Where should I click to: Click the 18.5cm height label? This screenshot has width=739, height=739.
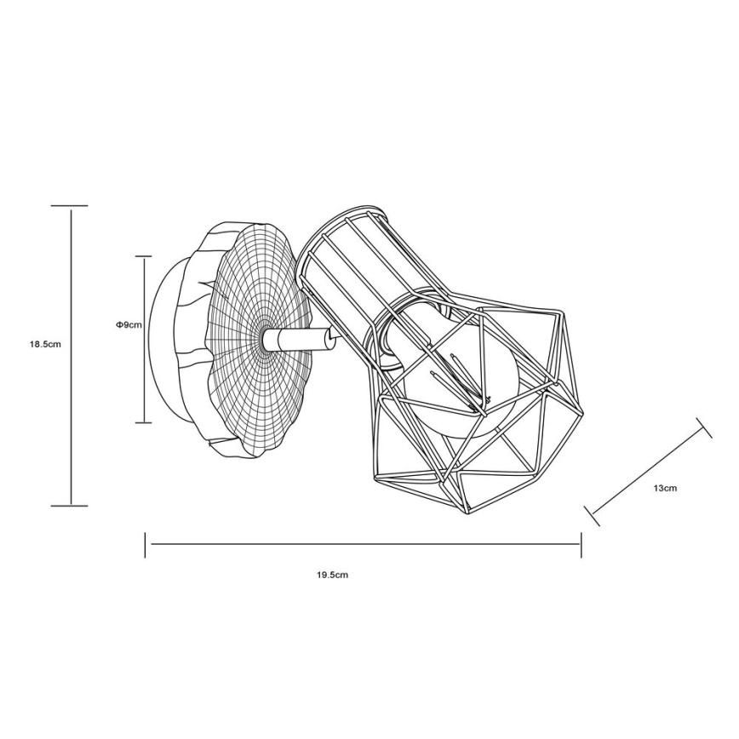pos(45,345)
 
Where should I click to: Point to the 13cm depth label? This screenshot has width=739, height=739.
pos(665,489)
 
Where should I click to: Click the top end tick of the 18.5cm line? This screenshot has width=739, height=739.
pos(70,206)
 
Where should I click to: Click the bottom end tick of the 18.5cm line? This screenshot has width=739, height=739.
pos(70,506)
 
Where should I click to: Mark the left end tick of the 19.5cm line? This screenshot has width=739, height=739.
pos(146,545)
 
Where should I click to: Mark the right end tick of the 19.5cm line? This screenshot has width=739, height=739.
pos(581,545)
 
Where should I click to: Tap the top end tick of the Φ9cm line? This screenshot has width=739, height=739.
pos(143,255)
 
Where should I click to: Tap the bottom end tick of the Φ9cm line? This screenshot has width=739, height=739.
pos(143,423)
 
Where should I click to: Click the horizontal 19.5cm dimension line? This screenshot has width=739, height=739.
pos(366,545)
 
